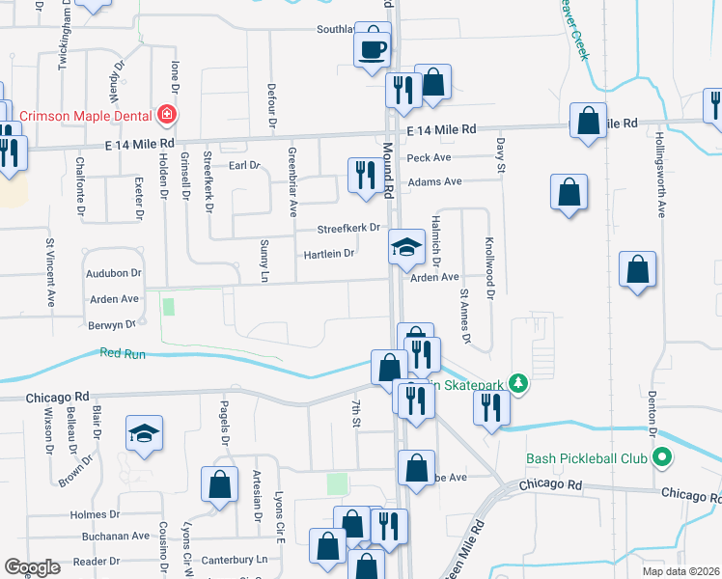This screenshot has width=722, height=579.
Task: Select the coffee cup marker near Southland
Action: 372,48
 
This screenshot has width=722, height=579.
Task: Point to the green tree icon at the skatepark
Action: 519,384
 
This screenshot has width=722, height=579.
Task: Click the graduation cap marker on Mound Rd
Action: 406,248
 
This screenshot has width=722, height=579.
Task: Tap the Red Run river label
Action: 123,354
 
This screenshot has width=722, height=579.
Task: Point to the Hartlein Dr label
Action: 329,254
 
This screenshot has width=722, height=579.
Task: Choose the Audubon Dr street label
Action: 115,273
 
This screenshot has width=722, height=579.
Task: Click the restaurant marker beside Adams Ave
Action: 364,177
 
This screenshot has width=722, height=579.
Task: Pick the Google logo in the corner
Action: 32,567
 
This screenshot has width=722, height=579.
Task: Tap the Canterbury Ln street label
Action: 235,560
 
